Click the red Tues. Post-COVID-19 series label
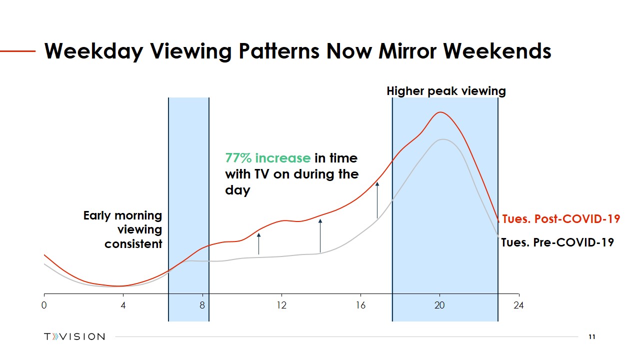pos(561,219)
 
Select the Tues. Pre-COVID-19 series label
pos(557,242)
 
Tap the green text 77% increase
pos(267,158)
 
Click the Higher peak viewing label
pos(446,91)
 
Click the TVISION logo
pos(74,336)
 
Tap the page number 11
pos(591,337)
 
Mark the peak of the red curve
pos(440,112)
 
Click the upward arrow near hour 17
pos(377,200)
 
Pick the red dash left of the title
pos(17,51)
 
